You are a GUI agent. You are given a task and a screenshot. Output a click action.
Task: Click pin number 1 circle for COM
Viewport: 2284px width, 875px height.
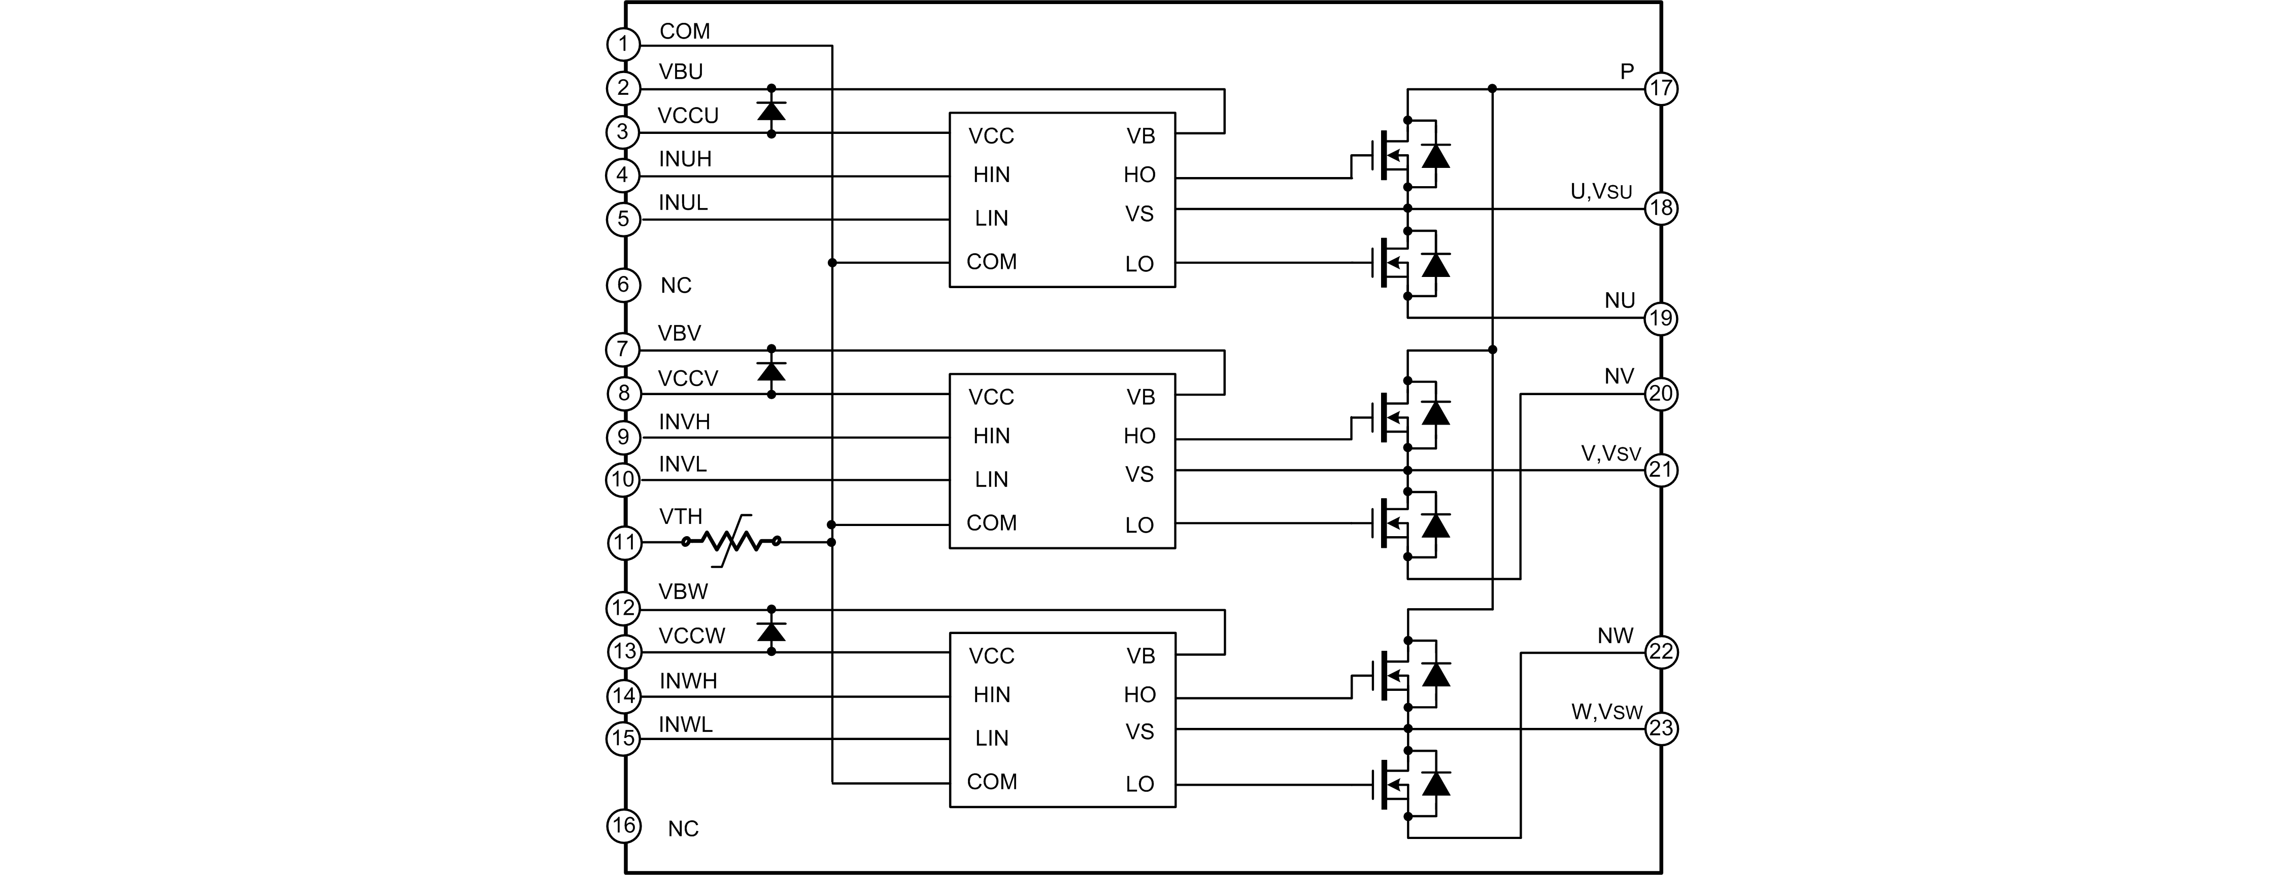click(x=623, y=44)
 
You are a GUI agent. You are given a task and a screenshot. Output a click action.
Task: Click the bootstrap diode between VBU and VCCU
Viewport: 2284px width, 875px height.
click(x=771, y=111)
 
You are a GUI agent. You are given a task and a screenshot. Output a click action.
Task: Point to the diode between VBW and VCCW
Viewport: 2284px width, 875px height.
click(x=771, y=631)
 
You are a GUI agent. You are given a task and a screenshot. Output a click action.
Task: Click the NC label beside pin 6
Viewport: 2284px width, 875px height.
click(x=676, y=286)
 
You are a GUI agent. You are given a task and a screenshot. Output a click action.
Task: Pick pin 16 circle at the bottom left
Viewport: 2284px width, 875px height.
click(x=623, y=826)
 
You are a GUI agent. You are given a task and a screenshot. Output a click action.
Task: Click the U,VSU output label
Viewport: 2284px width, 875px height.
click(x=1600, y=192)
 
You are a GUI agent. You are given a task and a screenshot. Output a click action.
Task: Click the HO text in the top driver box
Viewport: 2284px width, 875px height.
click(x=1139, y=174)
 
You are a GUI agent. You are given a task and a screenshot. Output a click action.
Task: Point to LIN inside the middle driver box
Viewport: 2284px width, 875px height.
click(x=991, y=480)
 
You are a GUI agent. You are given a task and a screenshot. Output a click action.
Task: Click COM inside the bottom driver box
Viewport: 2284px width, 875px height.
click(x=991, y=782)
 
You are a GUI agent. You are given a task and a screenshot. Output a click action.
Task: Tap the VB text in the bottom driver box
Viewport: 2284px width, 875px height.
click(x=1140, y=656)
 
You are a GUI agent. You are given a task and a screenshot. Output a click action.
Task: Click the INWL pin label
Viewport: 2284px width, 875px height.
click(x=685, y=724)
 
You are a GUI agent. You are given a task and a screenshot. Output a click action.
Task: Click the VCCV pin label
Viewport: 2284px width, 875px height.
click(x=687, y=378)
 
